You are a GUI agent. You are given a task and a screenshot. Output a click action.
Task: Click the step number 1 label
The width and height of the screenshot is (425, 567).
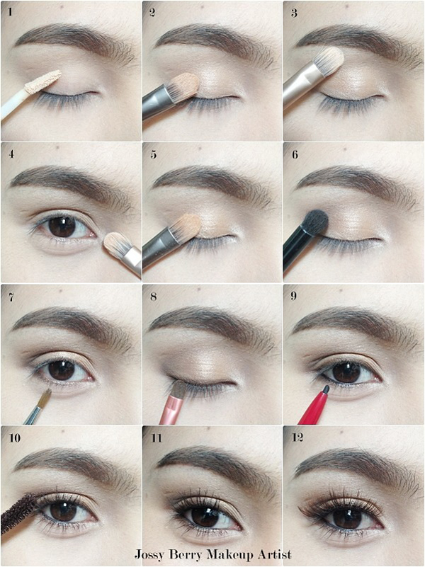point(10,12)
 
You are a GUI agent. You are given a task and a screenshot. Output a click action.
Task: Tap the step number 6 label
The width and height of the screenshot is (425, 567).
point(295,155)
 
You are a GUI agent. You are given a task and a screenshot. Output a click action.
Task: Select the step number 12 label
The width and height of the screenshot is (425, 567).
point(297,438)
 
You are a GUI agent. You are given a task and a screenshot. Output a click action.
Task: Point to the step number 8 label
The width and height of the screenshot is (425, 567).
point(154,297)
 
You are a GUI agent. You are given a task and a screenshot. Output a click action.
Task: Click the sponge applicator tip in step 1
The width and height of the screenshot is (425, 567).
point(42,81)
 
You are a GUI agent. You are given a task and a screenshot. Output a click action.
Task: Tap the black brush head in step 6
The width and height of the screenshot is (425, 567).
point(315,222)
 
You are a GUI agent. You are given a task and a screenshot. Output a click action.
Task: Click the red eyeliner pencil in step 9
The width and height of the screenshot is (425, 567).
point(314,405)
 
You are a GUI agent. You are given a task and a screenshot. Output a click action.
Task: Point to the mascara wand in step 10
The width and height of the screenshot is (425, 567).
point(18,514)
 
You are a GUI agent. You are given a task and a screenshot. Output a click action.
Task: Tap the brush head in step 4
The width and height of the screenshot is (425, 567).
point(115,245)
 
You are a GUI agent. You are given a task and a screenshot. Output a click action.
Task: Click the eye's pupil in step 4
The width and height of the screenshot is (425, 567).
point(62,227)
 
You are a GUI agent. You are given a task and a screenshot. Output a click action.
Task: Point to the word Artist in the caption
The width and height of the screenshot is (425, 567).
point(275,554)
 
